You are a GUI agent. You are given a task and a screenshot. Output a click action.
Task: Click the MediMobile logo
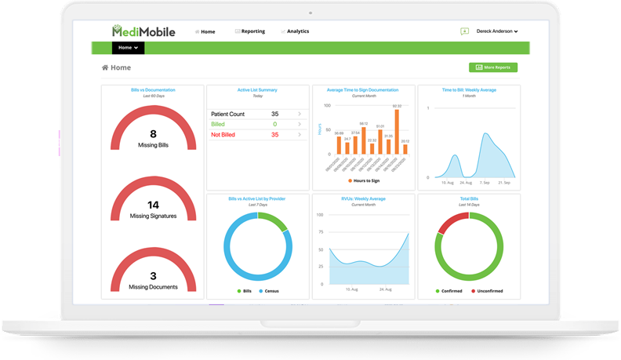tap(143, 31)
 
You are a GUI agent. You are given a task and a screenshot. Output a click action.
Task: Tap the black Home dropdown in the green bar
tap(128, 48)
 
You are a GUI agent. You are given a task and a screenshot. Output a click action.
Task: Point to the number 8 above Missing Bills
tap(153, 134)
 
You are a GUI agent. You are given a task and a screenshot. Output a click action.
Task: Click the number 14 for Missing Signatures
tap(153, 205)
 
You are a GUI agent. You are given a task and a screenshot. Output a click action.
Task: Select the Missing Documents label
tap(153, 287)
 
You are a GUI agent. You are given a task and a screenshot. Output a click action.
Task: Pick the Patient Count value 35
tap(274, 115)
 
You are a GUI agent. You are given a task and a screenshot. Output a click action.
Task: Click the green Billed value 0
tap(274, 125)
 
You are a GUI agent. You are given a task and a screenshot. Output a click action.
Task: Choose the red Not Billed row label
tap(223, 135)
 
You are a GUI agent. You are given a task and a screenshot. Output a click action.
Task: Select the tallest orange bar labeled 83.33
tap(397, 131)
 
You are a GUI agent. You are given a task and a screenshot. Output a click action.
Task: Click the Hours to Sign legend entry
tap(363, 181)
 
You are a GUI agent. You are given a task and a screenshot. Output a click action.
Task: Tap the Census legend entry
tap(271, 291)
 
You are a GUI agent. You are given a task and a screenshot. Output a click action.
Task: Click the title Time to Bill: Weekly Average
tap(468, 90)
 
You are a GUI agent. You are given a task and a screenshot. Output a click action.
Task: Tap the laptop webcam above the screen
tap(310, 13)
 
